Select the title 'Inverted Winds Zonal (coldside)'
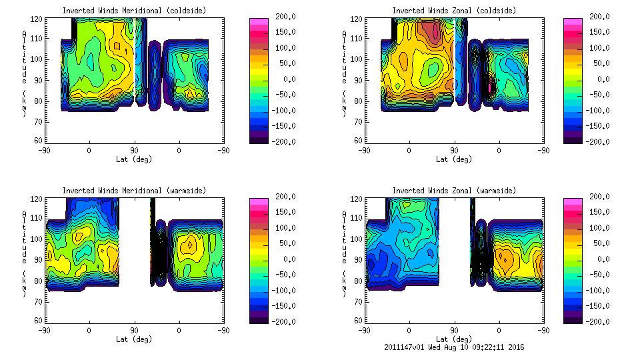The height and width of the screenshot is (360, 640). [454, 11]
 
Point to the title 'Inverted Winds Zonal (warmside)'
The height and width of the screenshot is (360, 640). [454, 191]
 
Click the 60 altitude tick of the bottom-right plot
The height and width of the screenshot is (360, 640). [357, 320]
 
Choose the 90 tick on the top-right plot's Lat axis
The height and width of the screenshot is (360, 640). [454, 151]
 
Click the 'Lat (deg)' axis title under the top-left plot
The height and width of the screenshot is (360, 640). [134, 159]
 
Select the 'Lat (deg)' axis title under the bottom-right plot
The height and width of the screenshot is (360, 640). [454, 339]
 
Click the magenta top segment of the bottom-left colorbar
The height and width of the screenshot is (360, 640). [259, 201]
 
